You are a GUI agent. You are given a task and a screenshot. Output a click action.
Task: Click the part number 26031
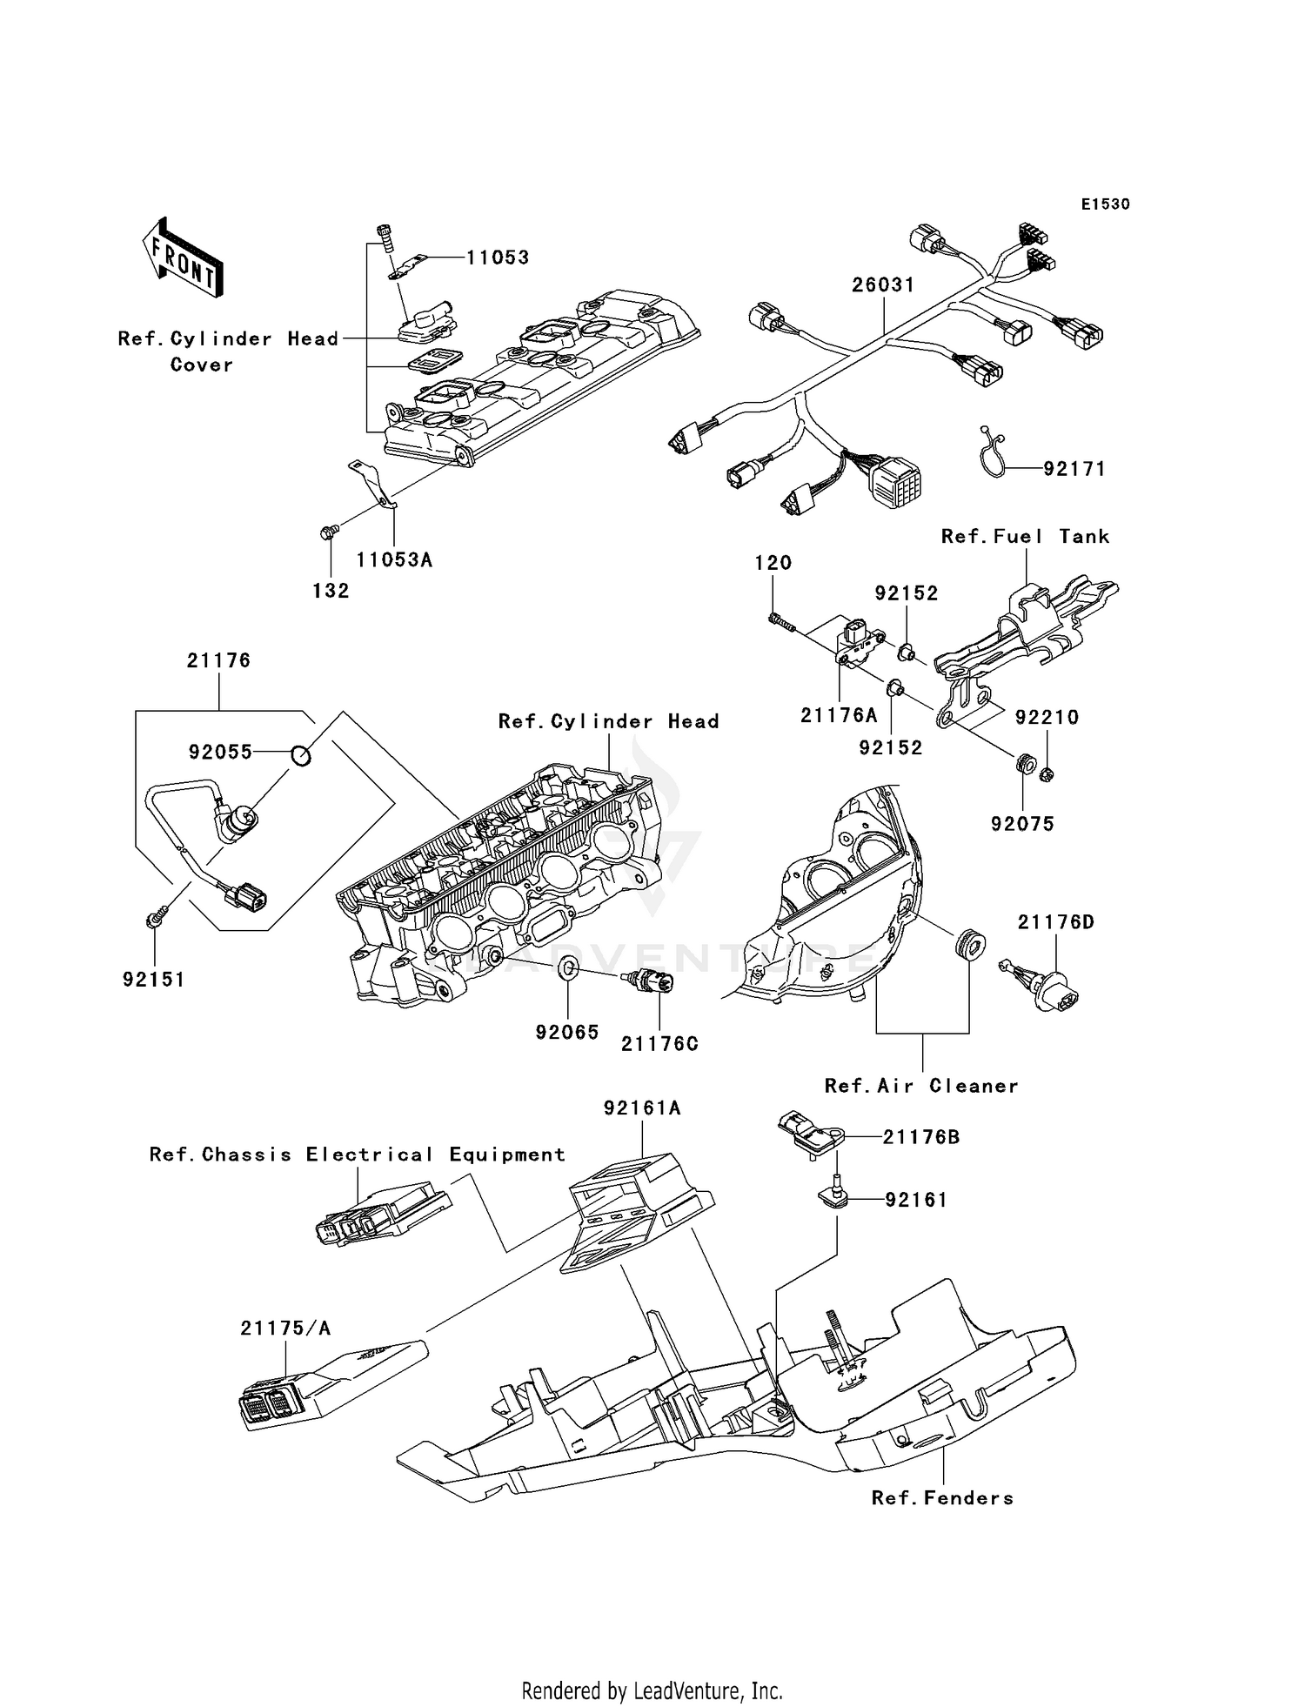(x=882, y=284)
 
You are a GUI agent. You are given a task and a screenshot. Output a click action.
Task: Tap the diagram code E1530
(x=1105, y=204)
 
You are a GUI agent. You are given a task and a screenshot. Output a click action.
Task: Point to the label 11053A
(x=394, y=560)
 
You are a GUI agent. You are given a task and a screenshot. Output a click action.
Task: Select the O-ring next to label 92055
(x=299, y=755)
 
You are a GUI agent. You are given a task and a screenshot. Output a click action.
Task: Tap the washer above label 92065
(x=566, y=967)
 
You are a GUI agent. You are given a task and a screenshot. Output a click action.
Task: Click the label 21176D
(x=1056, y=922)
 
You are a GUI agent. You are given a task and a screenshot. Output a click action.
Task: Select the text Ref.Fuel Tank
(x=1025, y=537)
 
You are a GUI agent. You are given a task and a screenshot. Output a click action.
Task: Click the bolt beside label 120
(x=782, y=621)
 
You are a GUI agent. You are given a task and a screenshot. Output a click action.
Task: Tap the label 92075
(x=1022, y=824)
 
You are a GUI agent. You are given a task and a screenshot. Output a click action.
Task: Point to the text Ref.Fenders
(x=942, y=1498)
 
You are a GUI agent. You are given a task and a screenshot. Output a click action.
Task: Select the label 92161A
(x=642, y=1108)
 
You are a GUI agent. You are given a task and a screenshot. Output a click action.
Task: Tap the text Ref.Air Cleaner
(x=921, y=1086)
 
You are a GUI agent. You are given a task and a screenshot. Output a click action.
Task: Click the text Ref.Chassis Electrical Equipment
(x=357, y=1155)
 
